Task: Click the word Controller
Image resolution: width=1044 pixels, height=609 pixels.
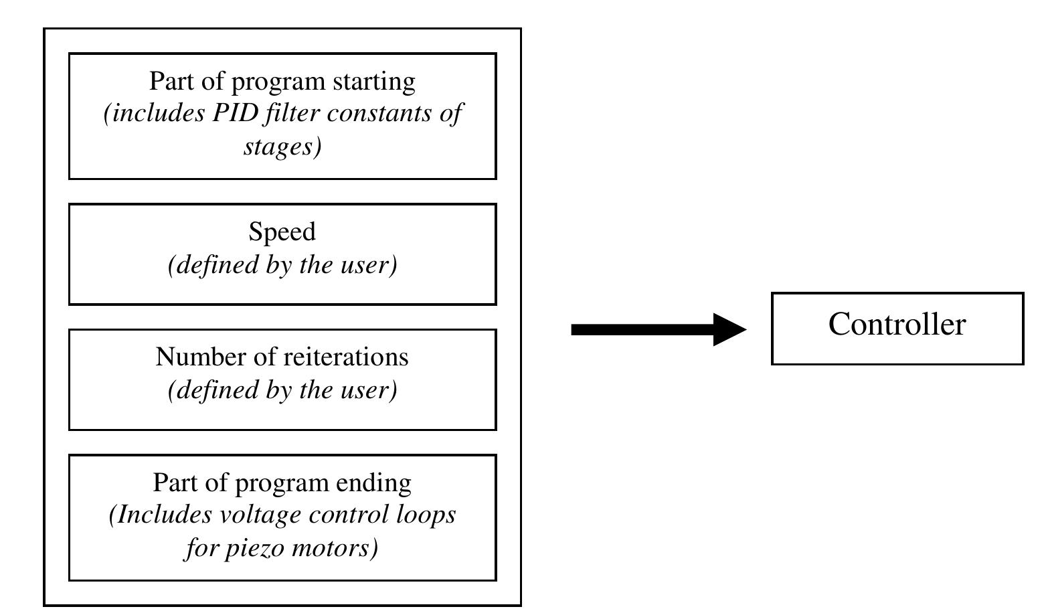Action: (897, 325)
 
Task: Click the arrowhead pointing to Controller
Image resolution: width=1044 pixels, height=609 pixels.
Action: (731, 329)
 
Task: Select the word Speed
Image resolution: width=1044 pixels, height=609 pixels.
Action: (282, 232)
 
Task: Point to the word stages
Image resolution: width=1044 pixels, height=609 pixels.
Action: (280, 146)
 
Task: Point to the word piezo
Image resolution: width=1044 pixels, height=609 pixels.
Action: (247, 547)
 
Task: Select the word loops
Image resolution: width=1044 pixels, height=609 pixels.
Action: (426, 515)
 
